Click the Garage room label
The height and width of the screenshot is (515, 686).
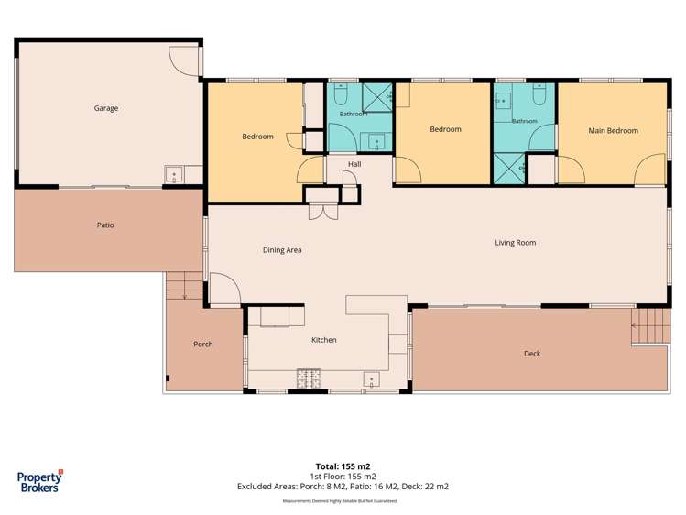pyautogui.click(x=106, y=108)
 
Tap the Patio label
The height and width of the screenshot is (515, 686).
pyautogui.click(x=105, y=225)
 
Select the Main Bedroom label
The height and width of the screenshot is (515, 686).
pyautogui.click(x=613, y=130)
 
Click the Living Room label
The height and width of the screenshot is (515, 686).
pyautogui.click(x=516, y=243)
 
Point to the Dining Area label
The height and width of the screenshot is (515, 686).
pyautogui.click(x=282, y=250)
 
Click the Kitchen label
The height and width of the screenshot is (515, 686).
pyautogui.click(x=323, y=340)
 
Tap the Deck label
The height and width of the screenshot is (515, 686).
pyautogui.click(x=532, y=354)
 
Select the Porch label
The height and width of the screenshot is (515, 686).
pyautogui.click(x=203, y=345)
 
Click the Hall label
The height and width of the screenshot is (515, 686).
pyautogui.click(x=354, y=164)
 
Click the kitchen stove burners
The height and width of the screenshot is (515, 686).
pyautogui.click(x=309, y=378)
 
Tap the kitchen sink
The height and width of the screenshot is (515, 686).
pyautogui.click(x=372, y=379)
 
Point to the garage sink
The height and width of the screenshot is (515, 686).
pyautogui.click(x=174, y=175)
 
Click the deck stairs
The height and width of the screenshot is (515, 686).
pyautogui.click(x=651, y=325)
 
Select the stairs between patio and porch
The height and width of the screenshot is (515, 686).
pyautogui.click(x=184, y=286)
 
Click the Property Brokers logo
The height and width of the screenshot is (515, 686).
pyautogui.click(x=39, y=481)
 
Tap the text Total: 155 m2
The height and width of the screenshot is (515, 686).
pyautogui.click(x=343, y=466)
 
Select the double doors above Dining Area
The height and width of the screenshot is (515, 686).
pyautogui.click(x=323, y=212)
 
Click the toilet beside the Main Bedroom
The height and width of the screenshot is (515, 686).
pyautogui.click(x=539, y=94)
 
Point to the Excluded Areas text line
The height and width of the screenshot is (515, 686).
pyautogui.click(x=343, y=486)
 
